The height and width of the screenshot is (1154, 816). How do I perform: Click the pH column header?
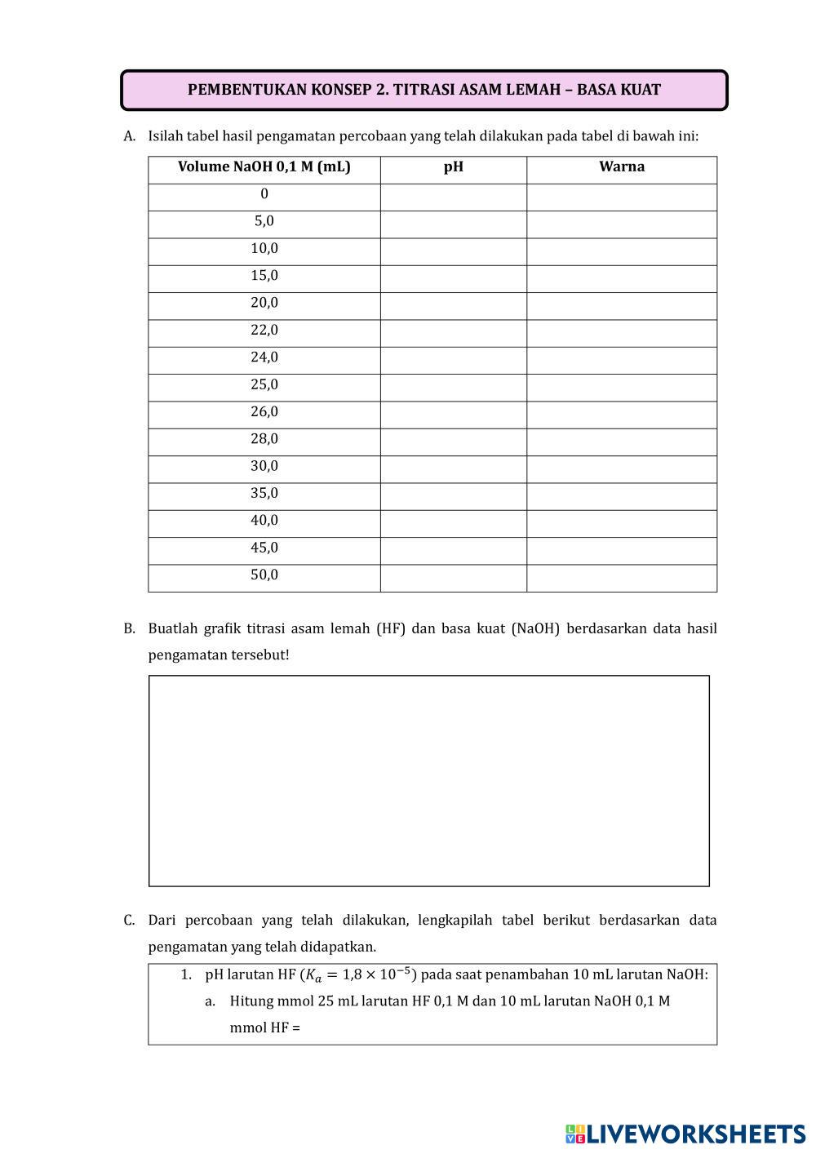[453, 167]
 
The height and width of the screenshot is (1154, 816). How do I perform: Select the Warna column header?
[621, 167]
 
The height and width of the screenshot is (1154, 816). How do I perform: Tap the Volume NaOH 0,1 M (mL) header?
[264, 167]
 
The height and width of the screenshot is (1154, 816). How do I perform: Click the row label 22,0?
[264, 331]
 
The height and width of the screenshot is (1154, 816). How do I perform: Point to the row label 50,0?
[264, 575]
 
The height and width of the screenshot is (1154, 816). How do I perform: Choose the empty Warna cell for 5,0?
[621, 224]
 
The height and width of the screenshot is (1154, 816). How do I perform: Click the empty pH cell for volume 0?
[453, 198]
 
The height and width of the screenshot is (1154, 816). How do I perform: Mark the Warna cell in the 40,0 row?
[621, 523]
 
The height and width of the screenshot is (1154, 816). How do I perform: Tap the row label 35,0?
[264, 494]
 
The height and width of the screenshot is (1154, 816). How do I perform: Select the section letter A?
[129, 136]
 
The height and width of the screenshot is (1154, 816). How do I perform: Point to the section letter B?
[129, 628]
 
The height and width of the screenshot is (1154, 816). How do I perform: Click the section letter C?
[129, 921]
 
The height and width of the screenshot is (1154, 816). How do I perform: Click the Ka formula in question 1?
[359, 974]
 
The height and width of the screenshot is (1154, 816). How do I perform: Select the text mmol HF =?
[264, 1028]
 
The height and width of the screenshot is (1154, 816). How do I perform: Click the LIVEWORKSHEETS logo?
[685, 1134]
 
